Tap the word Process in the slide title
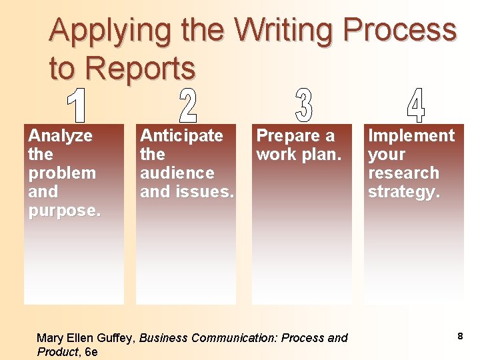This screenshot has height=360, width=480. pyautogui.click(x=399, y=31)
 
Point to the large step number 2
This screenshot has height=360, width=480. pyautogui.click(x=189, y=105)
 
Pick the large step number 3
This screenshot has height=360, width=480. pyautogui.click(x=303, y=105)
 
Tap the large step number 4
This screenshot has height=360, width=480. pyautogui.click(x=415, y=105)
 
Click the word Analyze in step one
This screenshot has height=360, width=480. pyautogui.click(x=60, y=136)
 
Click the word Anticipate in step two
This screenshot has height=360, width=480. pyautogui.click(x=181, y=136)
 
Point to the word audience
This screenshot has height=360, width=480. pyautogui.click(x=177, y=173)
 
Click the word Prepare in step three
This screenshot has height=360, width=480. pyautogui.click(x=288, y=136)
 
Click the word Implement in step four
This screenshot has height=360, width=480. pyautogui.click(x=411, y=136)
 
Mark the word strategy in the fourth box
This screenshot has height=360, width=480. pyautogui.click(x=403, y=192)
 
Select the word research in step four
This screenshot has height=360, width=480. pyautogui.click(x=403, y=173)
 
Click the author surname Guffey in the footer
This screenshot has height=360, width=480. pyautogui.click(x=117, y=338)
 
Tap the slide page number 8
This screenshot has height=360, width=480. pyautogui.click(x=460, y=337)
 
